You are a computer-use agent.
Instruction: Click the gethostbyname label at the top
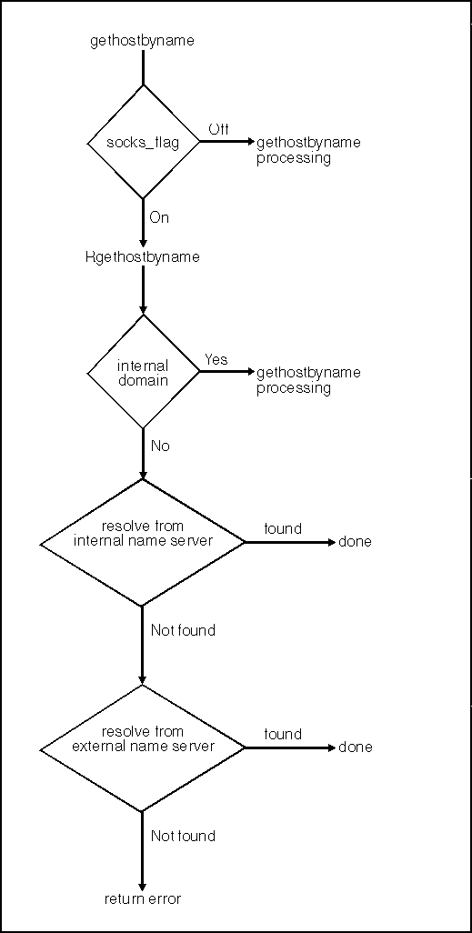click(x=142, y=42)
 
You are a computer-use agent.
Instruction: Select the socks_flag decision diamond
click(x=143, y=142)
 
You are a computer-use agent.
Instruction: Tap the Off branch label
click(x=218, y=128)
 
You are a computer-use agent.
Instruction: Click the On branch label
click(x=159, y=217)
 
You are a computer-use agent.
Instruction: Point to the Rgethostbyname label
click(x=142, y=257)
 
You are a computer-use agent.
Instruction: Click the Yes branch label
click(x=216, y=359)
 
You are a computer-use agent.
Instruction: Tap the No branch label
click(x=160, y=446)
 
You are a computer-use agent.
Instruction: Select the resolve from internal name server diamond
click(x=142, y=542)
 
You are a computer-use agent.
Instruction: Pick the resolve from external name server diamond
click(x=142, y=747)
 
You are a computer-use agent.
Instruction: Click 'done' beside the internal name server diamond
click(x=355, y=542)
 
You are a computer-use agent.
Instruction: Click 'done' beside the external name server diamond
click(x=356, y=747)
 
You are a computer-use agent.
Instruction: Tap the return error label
click(x=142, y=898)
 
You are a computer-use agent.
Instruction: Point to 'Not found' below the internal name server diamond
click(x=183, y=630)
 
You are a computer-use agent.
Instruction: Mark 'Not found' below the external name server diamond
click(x=183, y=836)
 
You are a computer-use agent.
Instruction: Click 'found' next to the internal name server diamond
click(x=283, y=528)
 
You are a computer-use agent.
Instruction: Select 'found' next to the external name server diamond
click(x=283, y=734)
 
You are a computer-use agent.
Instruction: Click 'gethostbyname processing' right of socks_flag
click(x=308, y=151)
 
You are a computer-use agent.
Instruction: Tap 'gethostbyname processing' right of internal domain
click(x=308, y=381)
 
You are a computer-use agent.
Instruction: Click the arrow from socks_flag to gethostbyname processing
click(x=226, y=142)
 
